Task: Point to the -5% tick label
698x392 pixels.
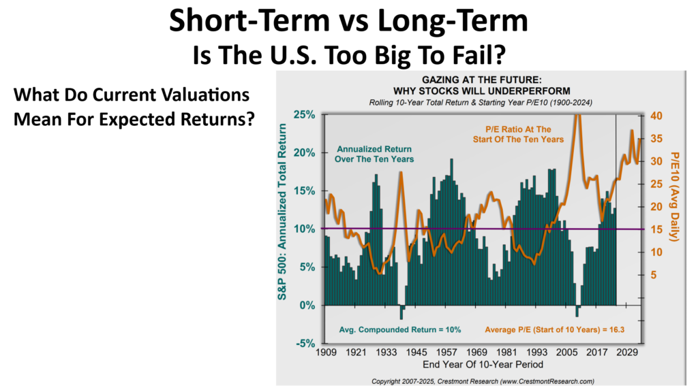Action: (x=304, y=343)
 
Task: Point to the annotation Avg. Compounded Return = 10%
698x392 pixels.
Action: (x=400, y=329)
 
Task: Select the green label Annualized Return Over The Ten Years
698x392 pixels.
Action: (x=376, y=154)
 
